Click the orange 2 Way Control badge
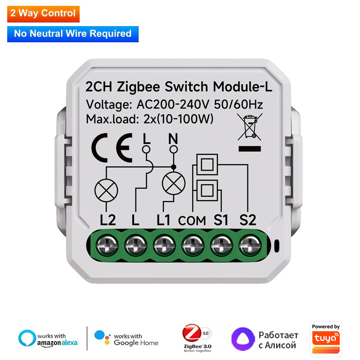[43, 13]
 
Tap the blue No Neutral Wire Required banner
[73, 33]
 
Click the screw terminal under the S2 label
[248, 246]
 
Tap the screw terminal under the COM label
[192, 246]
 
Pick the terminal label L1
[166, 220]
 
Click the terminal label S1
[221, 220]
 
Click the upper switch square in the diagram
[207, 165]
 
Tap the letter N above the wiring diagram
[171, 138]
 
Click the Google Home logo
[126, 339]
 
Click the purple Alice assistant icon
[242, 339]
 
